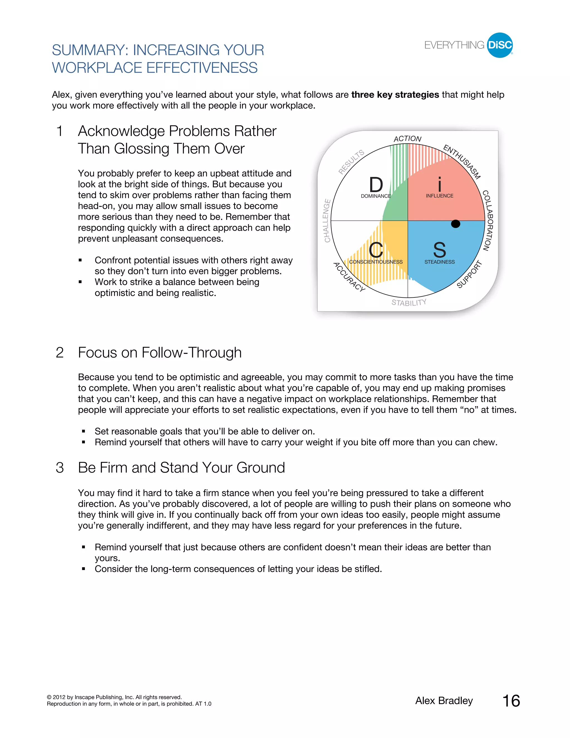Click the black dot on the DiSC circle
(x=456, y=224)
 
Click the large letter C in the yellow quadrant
(x=375, y=250)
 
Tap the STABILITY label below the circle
(x=409, y=302)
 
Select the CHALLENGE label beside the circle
(x=326, y=221)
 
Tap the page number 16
(x=511, y=701)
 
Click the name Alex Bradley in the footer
(x=444, y=701)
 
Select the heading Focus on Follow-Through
(x=159, y=353)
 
